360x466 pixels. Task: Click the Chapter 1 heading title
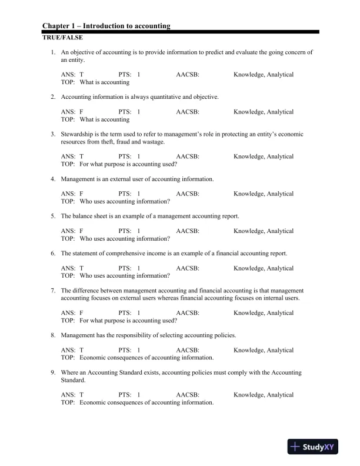106,26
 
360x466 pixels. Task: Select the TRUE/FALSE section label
58,37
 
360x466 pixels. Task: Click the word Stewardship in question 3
77,134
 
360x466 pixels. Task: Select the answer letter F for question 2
81,112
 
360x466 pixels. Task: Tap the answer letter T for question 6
81,268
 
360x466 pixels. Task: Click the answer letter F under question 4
81,194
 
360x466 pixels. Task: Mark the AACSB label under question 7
188,313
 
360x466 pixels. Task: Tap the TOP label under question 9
68,402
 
